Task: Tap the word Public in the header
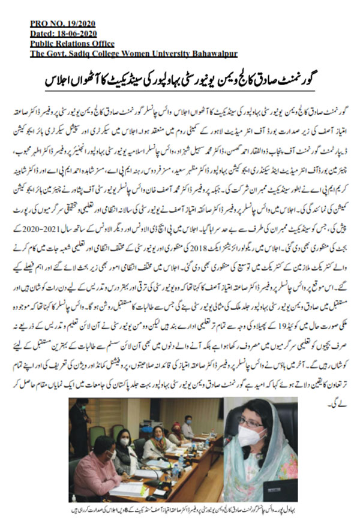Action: pyautogui.click(x=43, y=43)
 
